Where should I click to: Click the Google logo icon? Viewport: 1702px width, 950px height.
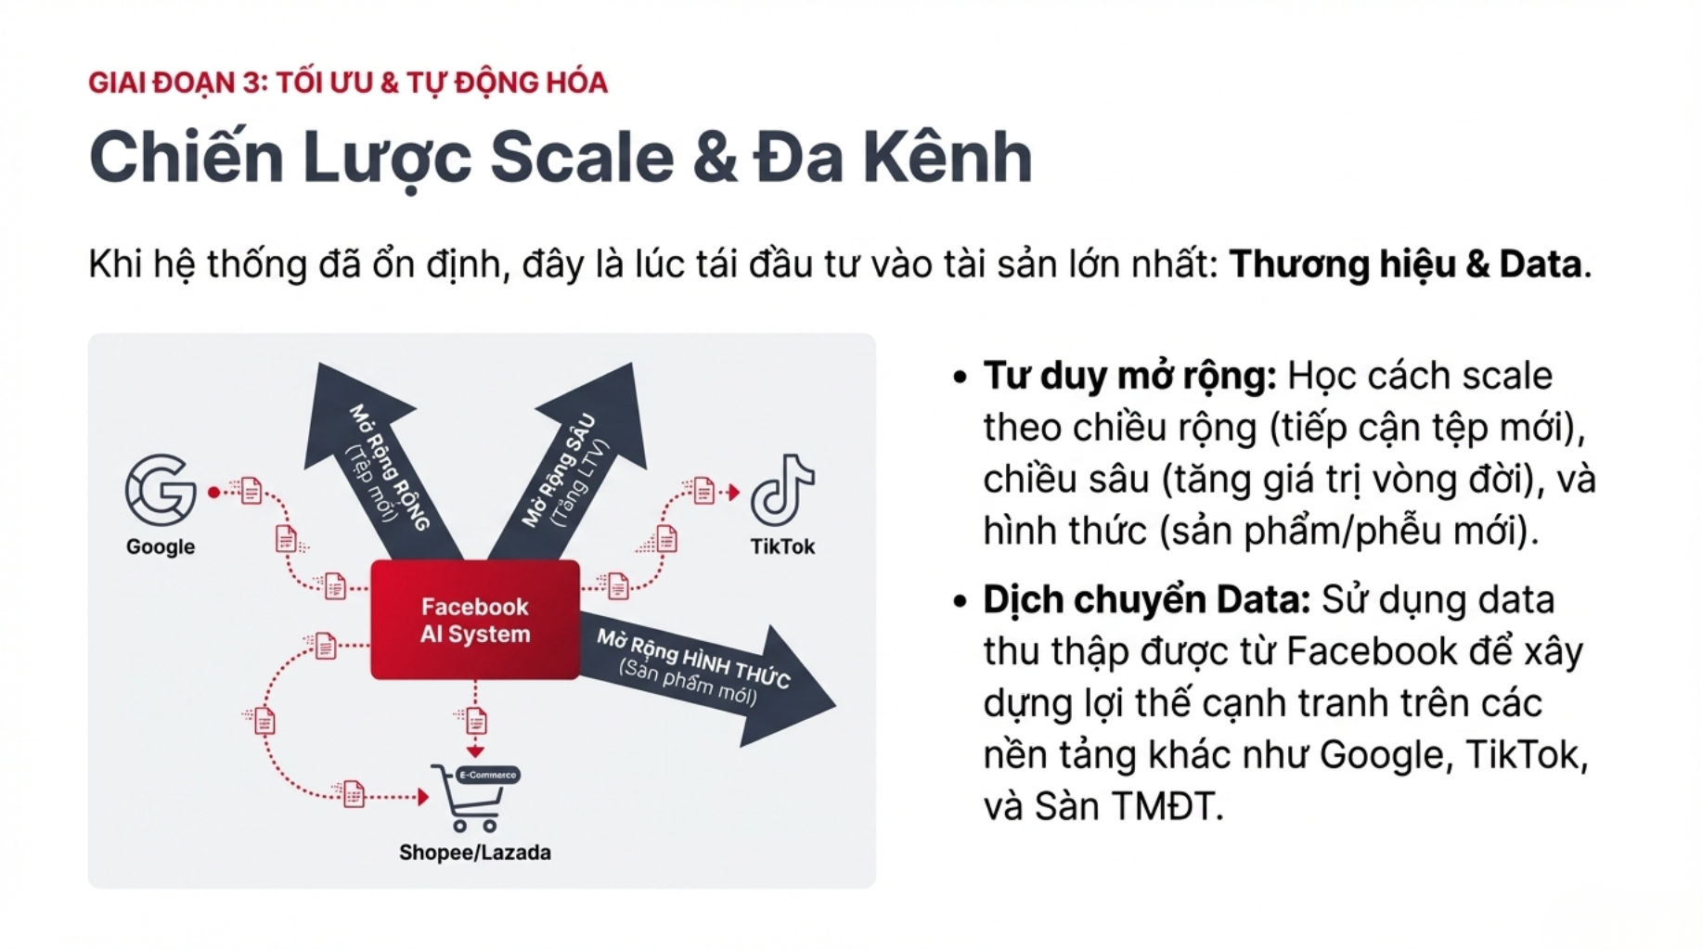(161, 490)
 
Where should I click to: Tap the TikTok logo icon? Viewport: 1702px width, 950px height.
(782, 490)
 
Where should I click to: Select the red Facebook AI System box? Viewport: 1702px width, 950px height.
(475, 620)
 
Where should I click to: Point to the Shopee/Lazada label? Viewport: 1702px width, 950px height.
(474, 853)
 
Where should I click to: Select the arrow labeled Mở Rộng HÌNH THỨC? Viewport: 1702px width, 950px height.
(705, 673)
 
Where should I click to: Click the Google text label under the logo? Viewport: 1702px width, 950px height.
(161, 546)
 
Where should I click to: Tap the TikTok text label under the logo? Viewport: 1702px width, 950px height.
(782, 546)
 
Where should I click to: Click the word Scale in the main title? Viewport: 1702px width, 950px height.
(582, 157)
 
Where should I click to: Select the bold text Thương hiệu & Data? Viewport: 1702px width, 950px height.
(1405, 264)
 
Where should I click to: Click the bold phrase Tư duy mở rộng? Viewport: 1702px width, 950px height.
(1130, 377)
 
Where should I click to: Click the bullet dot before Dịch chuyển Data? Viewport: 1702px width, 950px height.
(960, 601)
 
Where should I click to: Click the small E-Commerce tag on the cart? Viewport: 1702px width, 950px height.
(488, 775)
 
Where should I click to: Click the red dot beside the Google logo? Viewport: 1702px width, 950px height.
(214, 493)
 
